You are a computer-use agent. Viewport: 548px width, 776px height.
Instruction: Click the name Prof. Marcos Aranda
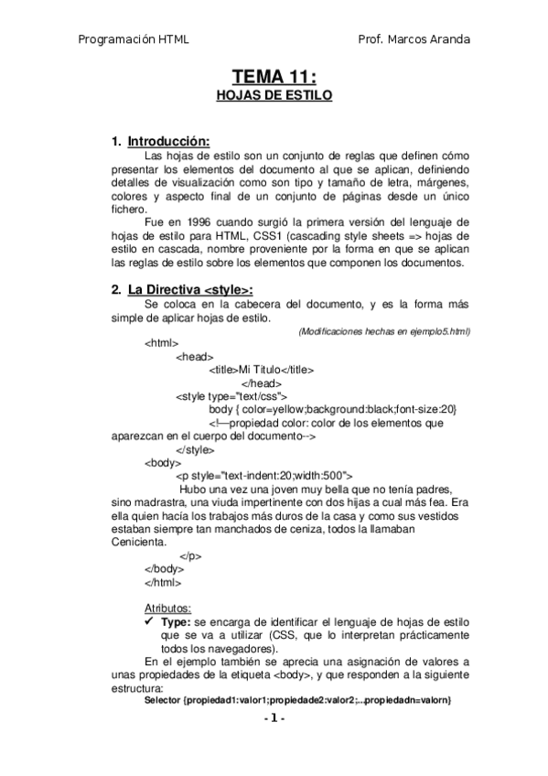pos(414,39)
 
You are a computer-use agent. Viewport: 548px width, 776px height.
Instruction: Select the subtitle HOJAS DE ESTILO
pos(274,94)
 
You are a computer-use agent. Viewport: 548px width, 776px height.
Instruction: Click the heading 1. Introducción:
pos(160,142)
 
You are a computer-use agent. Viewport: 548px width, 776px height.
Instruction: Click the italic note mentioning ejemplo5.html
pos(384,330)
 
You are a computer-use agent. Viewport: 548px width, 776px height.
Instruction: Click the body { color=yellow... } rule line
pos(332,409)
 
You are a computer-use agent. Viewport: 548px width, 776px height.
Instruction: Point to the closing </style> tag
pos(194,449)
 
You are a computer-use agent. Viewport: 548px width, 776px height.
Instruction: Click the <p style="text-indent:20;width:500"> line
pos(264,476)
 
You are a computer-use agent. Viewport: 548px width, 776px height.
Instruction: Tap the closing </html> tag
pos(163,582)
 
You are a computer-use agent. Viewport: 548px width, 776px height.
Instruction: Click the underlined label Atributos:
pos(168,608)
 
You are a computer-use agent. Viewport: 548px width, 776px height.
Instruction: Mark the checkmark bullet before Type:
pos(150,621)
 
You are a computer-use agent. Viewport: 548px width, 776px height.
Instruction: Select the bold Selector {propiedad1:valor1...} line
pos(298,701)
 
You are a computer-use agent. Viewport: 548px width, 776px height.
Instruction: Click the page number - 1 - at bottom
pos(274,719)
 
